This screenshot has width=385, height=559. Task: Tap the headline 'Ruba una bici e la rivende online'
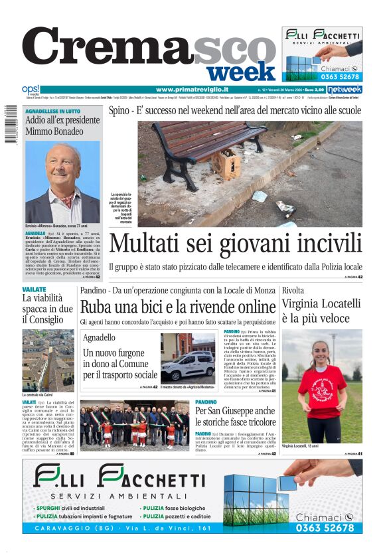(x=177, y=307)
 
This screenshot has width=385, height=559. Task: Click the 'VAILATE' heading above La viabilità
(x=34, y=290)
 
